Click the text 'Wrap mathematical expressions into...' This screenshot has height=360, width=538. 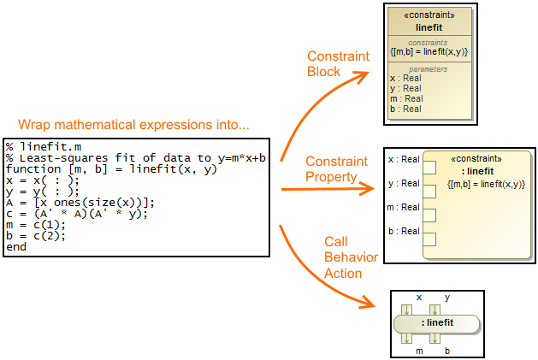[x=133, y=125]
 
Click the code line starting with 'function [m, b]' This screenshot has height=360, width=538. [x=111, y=169]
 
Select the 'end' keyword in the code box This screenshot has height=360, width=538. [x=16, y=247]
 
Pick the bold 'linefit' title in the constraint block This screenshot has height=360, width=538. [x=428, y=27]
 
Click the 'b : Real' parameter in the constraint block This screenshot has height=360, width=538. [x=405, y=109]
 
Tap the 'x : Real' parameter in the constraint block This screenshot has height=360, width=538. [x=405, y=78]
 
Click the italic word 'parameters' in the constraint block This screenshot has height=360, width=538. [x=428, y=68]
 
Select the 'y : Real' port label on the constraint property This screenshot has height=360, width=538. [x=404, y=183]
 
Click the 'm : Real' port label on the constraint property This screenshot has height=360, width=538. [x=404, y=207]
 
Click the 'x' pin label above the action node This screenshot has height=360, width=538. [x=419, y=298]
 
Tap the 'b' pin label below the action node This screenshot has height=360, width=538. [x=446, y=350]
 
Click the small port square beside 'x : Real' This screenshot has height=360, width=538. [x=429, y=167]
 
